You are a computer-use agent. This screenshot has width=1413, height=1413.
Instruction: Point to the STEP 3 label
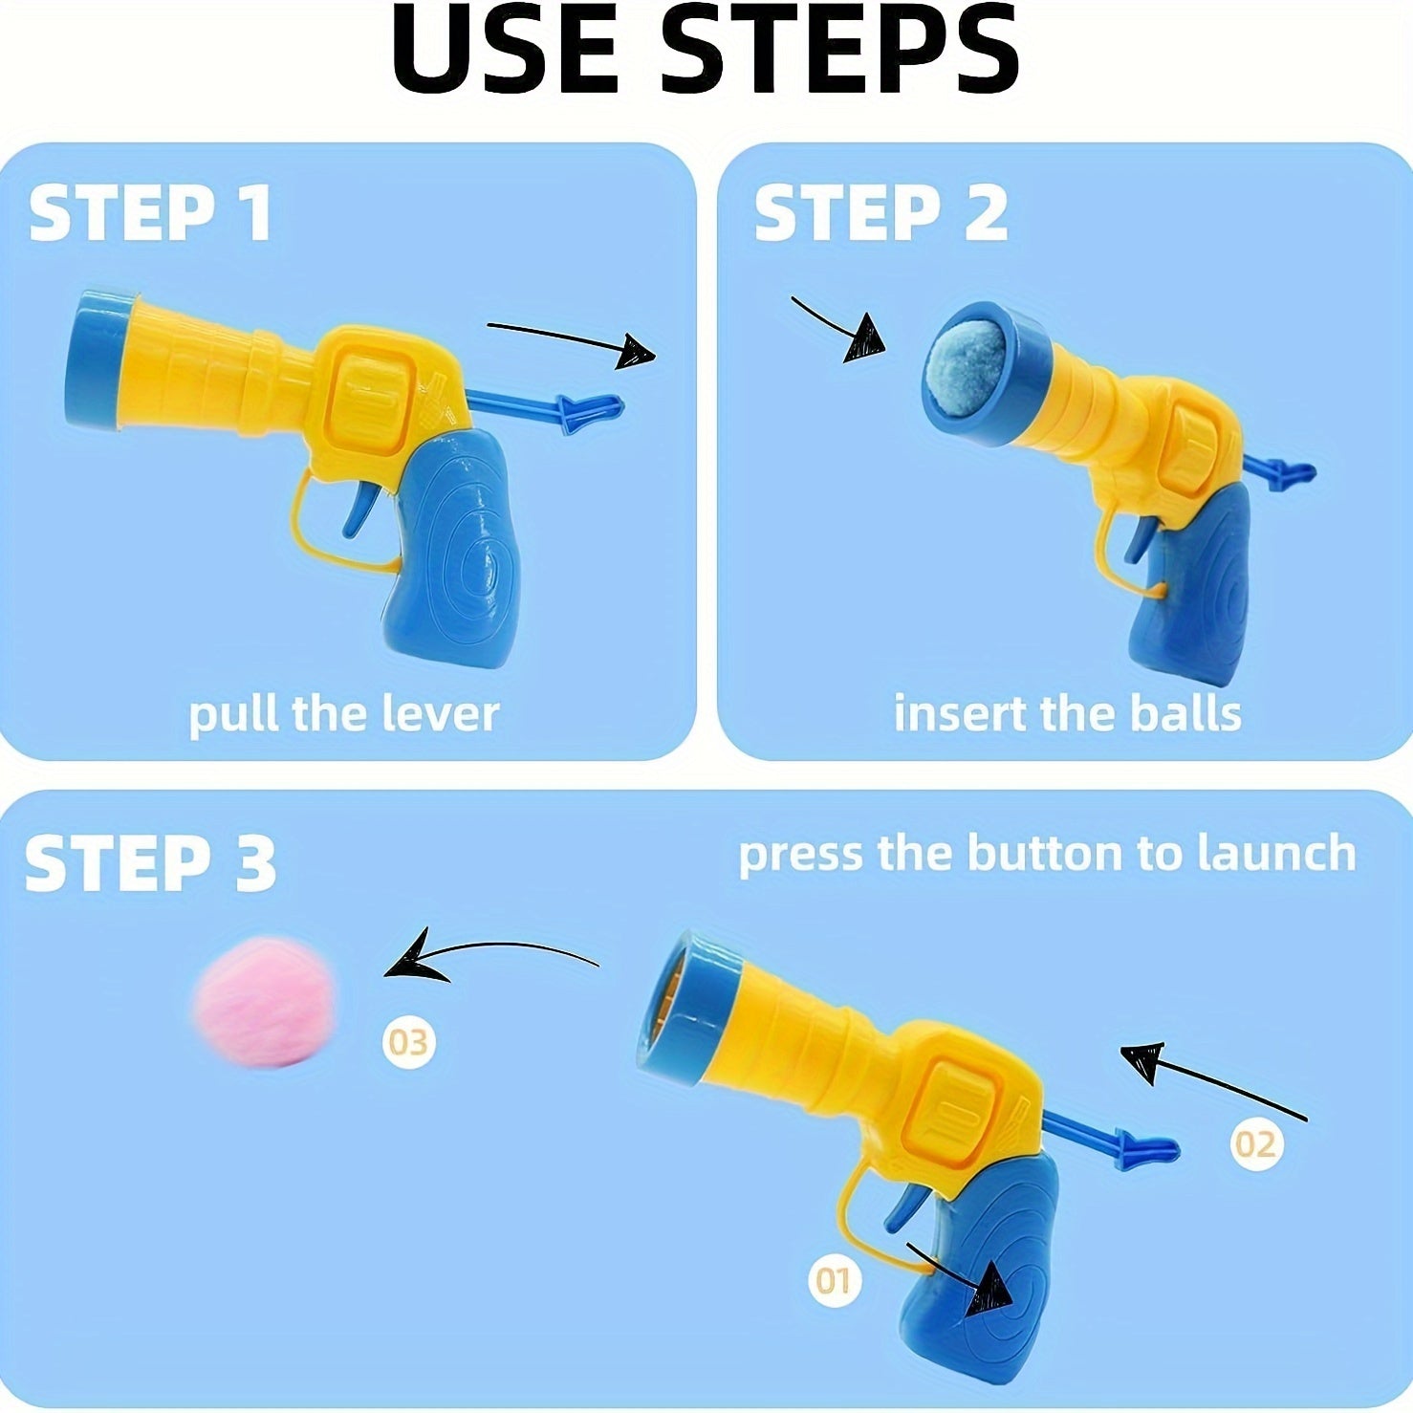point(151,862)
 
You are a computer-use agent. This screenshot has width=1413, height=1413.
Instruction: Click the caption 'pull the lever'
point(343,714)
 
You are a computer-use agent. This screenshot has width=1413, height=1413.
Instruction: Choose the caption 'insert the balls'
point(1067,714)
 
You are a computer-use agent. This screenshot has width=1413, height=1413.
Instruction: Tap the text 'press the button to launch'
point(1047,854)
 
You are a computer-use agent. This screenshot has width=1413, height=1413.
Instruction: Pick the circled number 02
point(1255,1143)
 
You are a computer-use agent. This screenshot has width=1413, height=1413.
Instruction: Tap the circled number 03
point(409,1041)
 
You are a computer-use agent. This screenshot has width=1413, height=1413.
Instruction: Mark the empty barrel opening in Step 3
point(681,1004)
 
